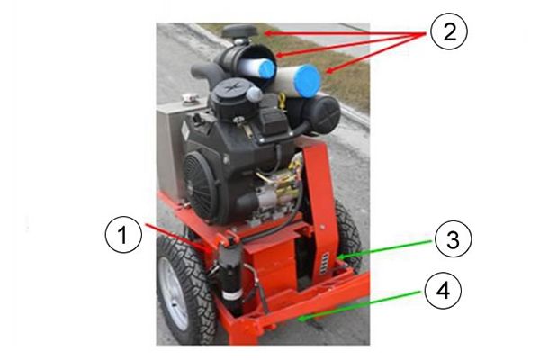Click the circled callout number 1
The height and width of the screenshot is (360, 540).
click(x=123, y=235)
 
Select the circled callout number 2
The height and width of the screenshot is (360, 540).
click(x=449, y=32)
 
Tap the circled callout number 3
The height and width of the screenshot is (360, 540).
click(x=454, y=239)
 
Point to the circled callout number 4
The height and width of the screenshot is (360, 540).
click(x=443, y=291)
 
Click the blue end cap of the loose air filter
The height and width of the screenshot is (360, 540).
click(x=308, y=81)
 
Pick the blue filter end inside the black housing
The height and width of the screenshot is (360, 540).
click(x=267, y=69)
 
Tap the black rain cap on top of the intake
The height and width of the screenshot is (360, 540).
click(x=240, y=31)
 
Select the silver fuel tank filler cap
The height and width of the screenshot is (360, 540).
click(x=189, y=98)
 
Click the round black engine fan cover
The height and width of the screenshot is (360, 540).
click(x=200, y=185)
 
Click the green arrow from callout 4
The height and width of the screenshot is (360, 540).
click(x=359, y=306)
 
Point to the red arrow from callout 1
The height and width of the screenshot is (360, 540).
click(x=176, y=237)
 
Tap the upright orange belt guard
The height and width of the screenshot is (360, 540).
click(x=319, y=207)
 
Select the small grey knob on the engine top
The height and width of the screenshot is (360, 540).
click(x=255, y=94)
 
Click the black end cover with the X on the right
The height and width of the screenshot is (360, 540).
click(x=325, y=113)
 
